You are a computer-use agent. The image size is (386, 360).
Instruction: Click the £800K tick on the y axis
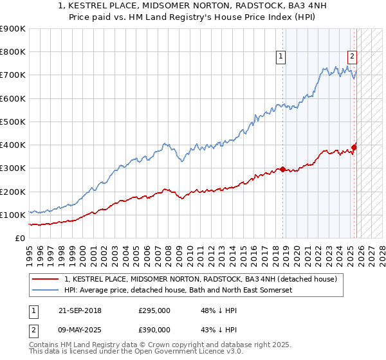coord(13,52)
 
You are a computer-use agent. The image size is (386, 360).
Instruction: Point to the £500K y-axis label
coord(13,122)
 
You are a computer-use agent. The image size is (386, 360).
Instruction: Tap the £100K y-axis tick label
coord(13,215)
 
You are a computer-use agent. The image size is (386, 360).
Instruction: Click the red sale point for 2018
coord(282,170)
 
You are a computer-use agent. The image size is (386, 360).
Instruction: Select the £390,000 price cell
coord(154,329)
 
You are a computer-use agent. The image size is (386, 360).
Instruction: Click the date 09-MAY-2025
coord(78,329)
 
